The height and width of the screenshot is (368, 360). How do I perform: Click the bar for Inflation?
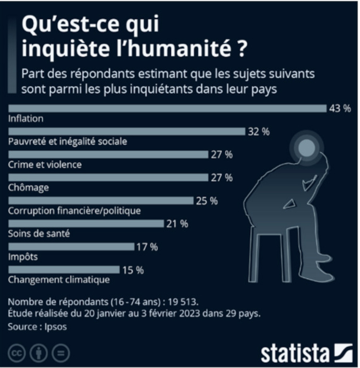coord(167,109)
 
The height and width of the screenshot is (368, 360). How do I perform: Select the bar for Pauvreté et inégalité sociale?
coord(127,131)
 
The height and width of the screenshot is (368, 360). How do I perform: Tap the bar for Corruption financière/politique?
coord(101,200)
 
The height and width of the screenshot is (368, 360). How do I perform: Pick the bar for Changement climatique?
coord(64,270)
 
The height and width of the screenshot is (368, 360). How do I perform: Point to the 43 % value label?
coord(340,109)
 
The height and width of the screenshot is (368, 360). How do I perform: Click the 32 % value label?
coord(259,131)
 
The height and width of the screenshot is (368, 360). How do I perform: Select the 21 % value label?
coord(177,224)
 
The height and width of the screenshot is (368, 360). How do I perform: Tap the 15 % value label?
coord(133,270)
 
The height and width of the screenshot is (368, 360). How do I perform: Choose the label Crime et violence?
coord(45,164)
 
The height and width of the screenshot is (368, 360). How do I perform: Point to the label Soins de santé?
coord(39,234)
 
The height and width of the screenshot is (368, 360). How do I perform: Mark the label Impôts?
coord(23,257)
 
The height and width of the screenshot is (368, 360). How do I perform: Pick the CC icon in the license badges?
coord(16,353)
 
